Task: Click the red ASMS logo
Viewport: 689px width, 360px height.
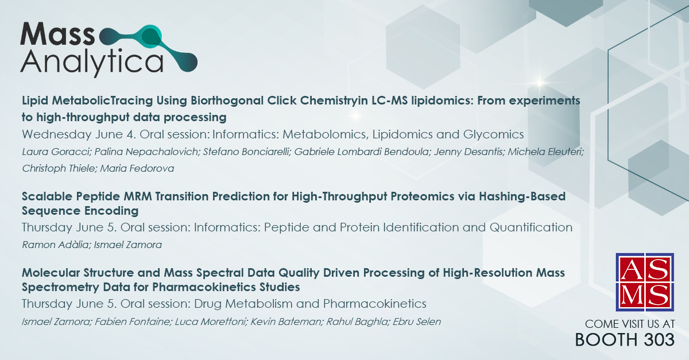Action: pos(645,282)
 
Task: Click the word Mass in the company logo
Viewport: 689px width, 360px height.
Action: pos(57,34)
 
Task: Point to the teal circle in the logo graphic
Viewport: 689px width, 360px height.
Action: pos(150,36)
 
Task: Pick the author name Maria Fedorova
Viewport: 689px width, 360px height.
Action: pos(137,168)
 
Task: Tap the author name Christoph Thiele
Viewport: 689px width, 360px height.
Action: pos(59,169)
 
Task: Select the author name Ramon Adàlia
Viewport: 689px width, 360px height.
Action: pos(55,245)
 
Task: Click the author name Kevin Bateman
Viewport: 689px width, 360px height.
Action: pos(286,322)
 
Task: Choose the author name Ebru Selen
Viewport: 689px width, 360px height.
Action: pos(417,322)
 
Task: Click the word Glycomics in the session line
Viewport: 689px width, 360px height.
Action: pos(493,135)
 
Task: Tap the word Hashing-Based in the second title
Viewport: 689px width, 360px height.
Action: pos(522,196)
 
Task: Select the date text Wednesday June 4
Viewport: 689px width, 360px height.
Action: pos(79,135)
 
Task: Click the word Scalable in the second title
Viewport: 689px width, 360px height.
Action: pos(47,196)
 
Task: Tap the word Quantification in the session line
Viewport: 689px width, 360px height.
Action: pos(531,227)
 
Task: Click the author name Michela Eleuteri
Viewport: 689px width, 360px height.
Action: pos(545,152)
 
